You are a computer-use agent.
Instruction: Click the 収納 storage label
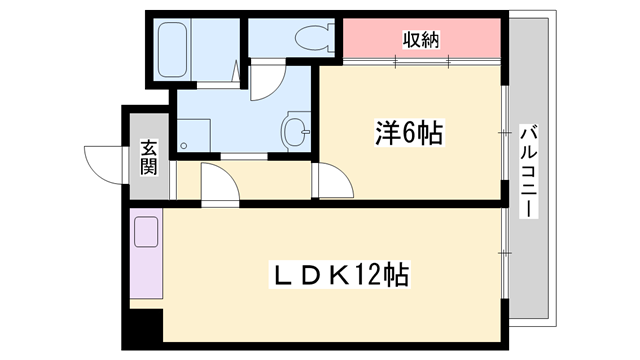coord(421,40)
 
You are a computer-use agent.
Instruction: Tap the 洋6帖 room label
coord(409,133)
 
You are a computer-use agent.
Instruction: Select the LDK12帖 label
coord(340,275)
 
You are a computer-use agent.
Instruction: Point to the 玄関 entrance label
coord(149,158)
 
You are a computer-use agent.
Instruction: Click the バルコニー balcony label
coord(529,171)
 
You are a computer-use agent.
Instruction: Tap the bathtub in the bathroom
coord(173,50)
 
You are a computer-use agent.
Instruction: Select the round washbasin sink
coord(295,131)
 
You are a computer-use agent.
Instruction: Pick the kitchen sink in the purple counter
coord(146,232)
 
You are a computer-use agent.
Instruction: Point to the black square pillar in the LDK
coord(147,326)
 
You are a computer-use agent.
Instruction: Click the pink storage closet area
coord(422,38)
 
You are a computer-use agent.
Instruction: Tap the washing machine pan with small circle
coord(194,136)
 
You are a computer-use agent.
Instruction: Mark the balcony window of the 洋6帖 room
coord(505,133)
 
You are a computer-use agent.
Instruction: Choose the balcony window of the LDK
coord(505,253)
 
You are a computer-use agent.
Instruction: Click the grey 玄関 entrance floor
coord(149,157)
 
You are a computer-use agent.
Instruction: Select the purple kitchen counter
coord(146,253)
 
